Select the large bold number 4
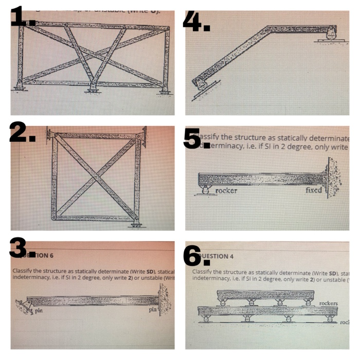[x=196, y=21]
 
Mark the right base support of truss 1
[x=164, y=89]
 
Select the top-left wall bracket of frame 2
[x=49, y=135]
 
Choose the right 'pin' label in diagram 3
[x=153, y=310]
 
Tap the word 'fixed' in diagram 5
[x=313, y=190]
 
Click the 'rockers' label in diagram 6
[x=329, y=303]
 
